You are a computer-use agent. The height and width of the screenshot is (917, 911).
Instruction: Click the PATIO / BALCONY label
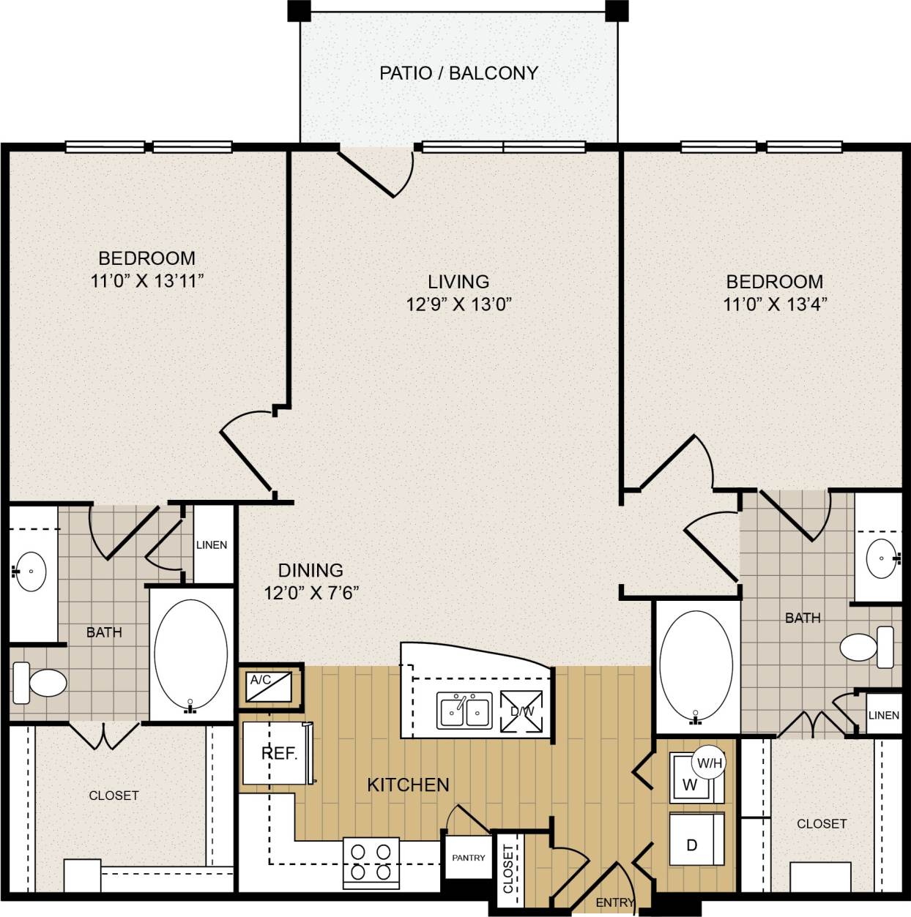(458, 73)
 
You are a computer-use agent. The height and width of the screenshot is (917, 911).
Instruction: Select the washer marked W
(690, 784)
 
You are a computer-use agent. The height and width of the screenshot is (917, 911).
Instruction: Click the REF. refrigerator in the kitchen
(278, 754)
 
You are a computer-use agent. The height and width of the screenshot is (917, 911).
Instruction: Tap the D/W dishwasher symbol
(522, 711)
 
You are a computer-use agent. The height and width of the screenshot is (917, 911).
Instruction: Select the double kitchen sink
(465, 711)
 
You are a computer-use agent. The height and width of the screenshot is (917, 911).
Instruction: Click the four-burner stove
(371, 862)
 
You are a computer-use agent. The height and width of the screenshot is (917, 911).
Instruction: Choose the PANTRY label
(468, 857)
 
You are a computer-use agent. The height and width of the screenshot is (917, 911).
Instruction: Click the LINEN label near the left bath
(212, 544)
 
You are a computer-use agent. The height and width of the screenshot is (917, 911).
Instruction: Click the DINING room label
(311, 569)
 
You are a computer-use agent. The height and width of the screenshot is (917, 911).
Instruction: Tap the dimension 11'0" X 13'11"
(146, 280)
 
